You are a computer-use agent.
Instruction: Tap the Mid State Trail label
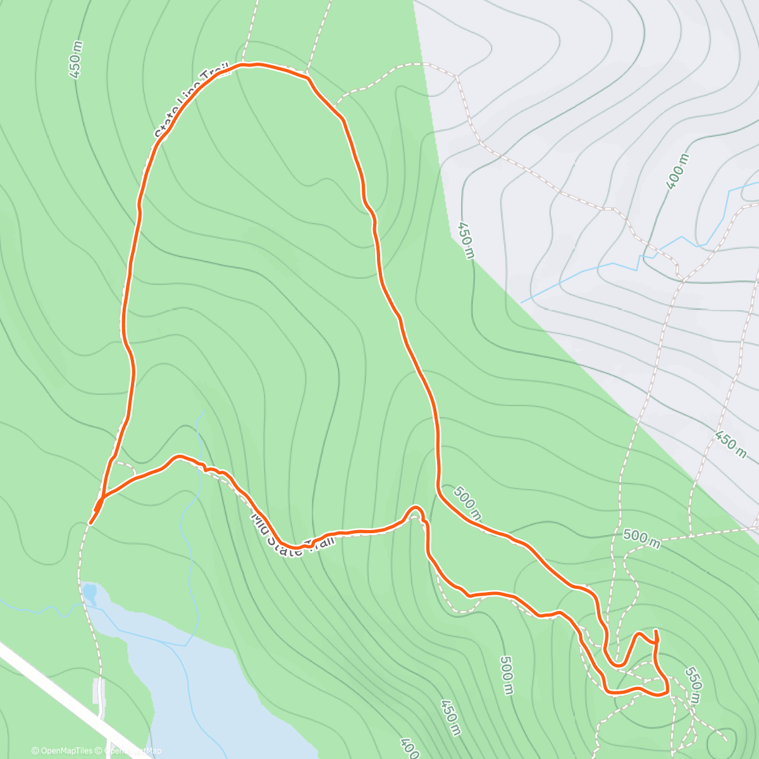tap(292, 533)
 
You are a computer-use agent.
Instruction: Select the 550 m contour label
tap(693, 684)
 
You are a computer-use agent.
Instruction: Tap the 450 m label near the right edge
tap(731, 444)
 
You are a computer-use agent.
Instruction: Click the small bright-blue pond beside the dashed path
tap(89, 593)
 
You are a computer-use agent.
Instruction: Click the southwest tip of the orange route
tap(91, 523)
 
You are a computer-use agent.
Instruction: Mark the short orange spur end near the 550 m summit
tap(656, 631)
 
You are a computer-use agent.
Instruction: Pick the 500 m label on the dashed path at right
tap(641, 538)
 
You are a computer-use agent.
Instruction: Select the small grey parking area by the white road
tap(97, 691)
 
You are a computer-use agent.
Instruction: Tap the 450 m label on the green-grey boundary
tap(466, 240)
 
